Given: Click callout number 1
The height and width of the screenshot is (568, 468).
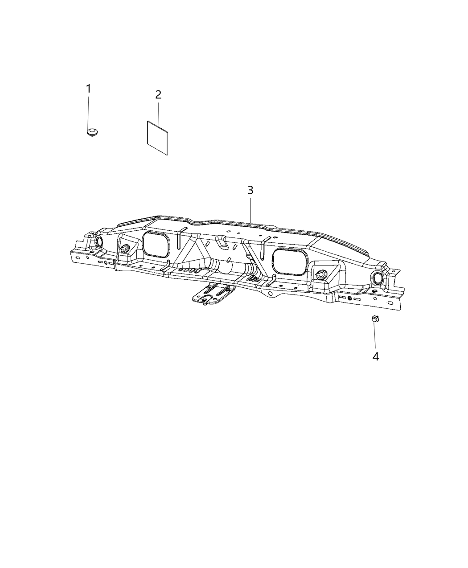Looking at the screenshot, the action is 88,89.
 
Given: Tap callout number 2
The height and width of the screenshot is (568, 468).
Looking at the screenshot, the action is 158,94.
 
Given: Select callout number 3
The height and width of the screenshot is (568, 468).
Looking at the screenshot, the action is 250,190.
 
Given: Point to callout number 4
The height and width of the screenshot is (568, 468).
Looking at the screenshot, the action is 376,356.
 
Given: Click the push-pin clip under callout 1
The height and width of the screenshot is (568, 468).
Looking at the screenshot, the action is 93,133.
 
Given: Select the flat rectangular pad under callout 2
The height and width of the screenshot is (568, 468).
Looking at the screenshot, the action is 158,138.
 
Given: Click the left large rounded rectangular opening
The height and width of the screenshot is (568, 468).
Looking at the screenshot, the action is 156,245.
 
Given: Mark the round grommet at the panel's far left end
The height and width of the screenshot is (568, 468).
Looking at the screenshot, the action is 99,241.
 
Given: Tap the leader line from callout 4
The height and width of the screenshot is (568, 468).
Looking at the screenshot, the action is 375,336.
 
